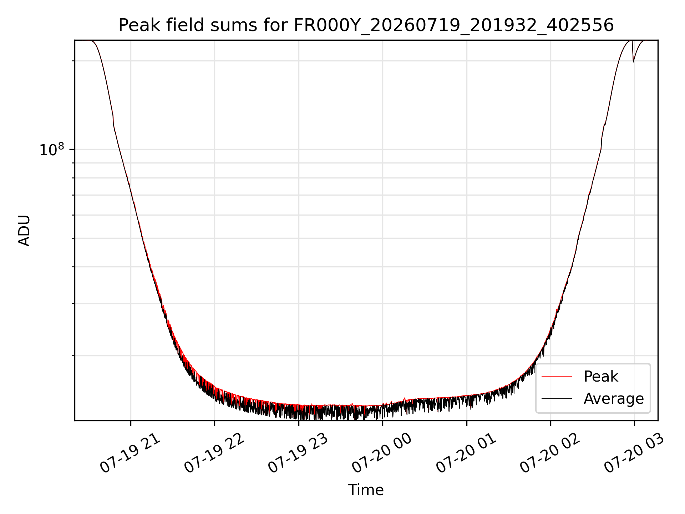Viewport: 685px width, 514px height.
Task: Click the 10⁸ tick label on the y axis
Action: [52, 150]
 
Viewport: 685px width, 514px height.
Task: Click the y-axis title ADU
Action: [24, 231]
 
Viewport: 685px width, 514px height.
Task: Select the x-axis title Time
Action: [366, 490]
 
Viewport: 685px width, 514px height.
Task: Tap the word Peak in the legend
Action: [601, 377]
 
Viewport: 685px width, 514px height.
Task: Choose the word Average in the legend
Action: [614, 399]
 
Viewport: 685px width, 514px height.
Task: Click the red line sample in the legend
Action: [557, 376]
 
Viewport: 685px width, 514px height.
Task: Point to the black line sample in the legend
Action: [557, 398]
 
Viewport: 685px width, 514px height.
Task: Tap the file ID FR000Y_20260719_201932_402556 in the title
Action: [453, 26]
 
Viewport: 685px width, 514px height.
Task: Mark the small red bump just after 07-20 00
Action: [405, 398]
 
